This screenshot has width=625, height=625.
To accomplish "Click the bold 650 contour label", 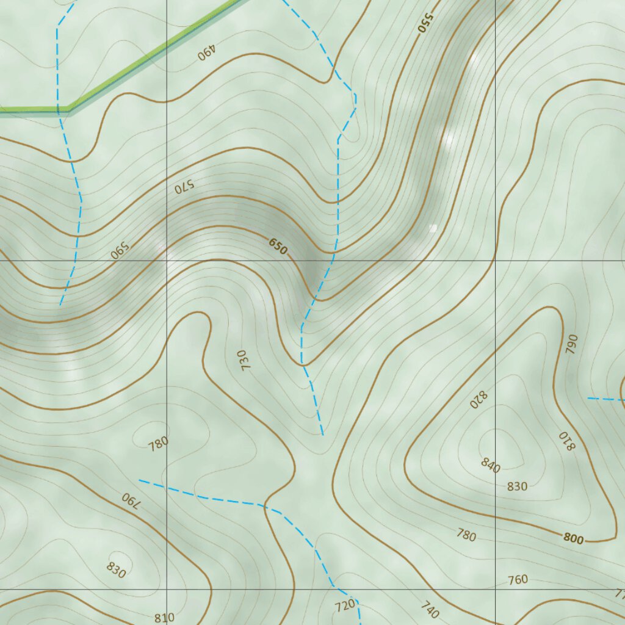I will (x=278, y=247).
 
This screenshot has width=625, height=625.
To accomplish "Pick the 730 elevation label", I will (x=245, y=361).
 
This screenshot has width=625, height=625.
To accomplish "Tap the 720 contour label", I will (x=345, y=605).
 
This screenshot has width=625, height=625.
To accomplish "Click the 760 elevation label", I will (x=518, y=579).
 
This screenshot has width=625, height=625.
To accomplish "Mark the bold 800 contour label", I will (x=574, y=538).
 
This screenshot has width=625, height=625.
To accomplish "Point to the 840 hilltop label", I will (x=490, y=465).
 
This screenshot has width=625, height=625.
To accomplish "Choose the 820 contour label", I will (x=479, y=399).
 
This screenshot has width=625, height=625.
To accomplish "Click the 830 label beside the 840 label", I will (x=517, y=486).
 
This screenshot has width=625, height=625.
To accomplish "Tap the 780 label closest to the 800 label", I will (x=466, y=535).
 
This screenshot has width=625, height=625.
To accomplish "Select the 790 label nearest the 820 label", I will (x=571, y=345).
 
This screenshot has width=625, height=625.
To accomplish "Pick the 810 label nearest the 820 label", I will (x=567, y=441).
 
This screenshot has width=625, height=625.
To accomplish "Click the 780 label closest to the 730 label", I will (x=158, y=444).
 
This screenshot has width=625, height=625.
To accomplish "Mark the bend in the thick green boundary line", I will (x=67, y=110).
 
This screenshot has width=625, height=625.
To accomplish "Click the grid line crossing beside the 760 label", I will (x=495, y=589).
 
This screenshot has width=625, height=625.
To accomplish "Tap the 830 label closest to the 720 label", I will (x=116, y=569).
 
